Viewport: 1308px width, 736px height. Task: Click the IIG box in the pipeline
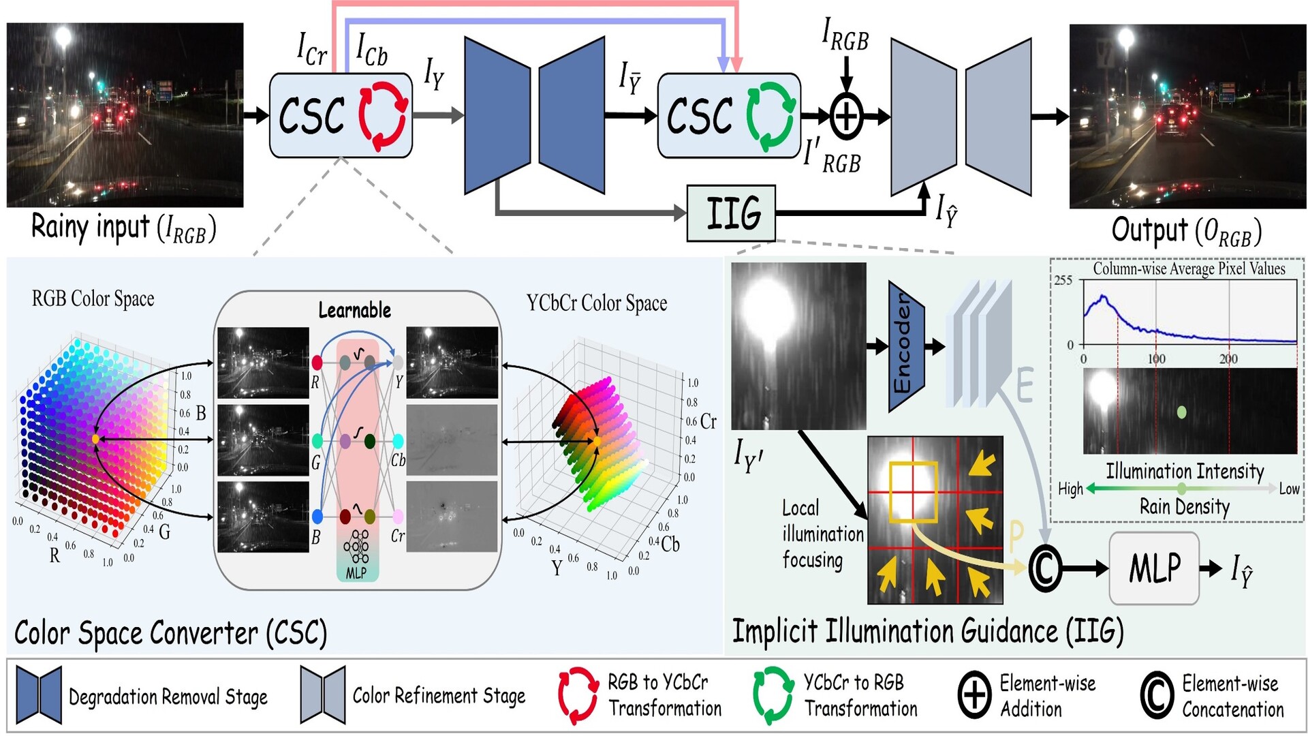pos(731,213)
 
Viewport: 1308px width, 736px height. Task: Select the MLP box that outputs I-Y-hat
pos(1154,568)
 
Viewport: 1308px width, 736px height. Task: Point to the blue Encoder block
pos(905,347)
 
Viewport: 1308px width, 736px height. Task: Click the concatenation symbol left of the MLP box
pos(1044,568)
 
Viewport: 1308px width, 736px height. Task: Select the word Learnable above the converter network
pos(354,311)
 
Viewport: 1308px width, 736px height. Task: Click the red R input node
pos(317,362)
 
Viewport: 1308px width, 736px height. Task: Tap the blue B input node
pos(317,516)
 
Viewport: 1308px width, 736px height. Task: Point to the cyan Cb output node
pos(398,441)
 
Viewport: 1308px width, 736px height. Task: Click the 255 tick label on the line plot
pos(1063,280)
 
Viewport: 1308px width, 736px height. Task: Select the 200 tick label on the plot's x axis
pos(1228,359)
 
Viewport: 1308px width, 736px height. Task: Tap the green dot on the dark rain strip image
pos(1181,412)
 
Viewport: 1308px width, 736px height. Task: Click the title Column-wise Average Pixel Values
pos(1189,269)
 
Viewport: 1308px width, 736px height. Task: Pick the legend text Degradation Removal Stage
pos(168,696)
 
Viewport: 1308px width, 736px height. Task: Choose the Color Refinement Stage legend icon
pos(322,695)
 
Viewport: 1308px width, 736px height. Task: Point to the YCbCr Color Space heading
pos(596,303)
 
